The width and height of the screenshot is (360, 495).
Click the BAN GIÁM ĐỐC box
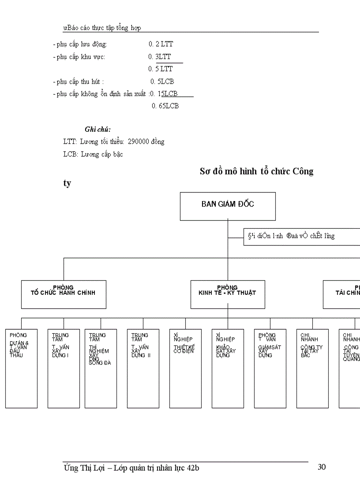click(228, 206)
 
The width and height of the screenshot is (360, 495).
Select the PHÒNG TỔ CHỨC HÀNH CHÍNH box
click(64, 294)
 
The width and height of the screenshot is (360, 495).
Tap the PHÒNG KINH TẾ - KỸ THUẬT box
click(228, 294)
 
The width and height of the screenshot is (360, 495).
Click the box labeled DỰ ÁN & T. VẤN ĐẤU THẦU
click(21, 368)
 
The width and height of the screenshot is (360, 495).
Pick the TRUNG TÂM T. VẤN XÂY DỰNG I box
click(64, 368)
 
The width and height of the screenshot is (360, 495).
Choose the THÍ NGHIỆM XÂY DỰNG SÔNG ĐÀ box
click(101, 368)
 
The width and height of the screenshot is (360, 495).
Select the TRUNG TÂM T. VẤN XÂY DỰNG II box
click(143, 368)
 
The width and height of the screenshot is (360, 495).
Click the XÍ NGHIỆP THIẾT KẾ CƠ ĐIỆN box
click(185, 368)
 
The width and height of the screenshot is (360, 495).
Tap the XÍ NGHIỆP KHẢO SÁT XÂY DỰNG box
click(228, 368)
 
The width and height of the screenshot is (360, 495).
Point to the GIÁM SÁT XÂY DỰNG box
click(270, 368)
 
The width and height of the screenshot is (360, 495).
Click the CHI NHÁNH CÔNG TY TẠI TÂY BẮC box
click(312, 368)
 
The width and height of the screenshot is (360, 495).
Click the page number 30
click(322, 467)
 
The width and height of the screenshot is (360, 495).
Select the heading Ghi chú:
click(97, 129)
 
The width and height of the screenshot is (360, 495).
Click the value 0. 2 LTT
click(161, 44)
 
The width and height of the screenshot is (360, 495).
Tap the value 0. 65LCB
click(165, 106)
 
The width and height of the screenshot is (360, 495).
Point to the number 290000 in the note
click(138, 141)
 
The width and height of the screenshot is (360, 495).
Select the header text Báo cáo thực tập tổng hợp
click(103, 28)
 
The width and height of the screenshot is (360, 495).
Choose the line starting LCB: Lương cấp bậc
click(93, 154)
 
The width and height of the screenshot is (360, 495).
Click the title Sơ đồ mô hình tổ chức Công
click(256, 171)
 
